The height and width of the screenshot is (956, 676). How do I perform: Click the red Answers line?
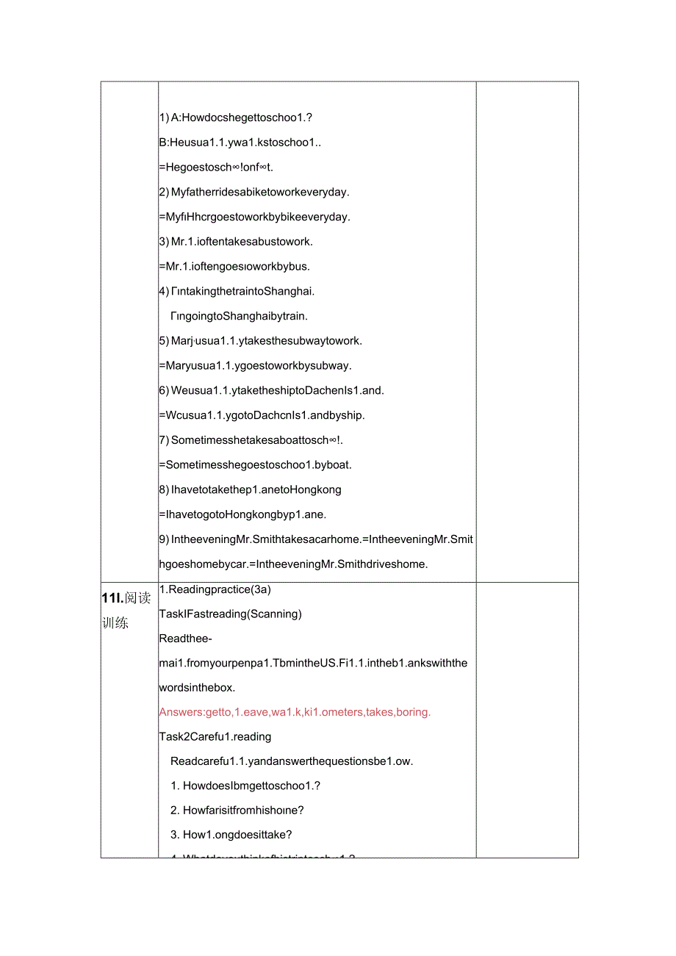[x=295, y=712]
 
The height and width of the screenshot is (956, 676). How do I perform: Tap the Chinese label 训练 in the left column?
[x=115, y=623]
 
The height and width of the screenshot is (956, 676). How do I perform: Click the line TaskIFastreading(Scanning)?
[x=230, y=614]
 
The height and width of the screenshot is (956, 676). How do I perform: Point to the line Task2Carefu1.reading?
[x=215, y=736]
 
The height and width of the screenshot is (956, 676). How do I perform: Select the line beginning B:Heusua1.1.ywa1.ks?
[x=240, y=143]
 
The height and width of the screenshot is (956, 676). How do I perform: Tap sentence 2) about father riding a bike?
[x=254, y=193]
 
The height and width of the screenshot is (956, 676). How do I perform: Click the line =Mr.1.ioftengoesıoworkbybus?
[x=234, y=266]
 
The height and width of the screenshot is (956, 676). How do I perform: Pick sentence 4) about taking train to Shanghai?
[x=237, y=291]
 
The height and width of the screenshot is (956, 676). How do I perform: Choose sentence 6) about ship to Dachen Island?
[x=271, y=390]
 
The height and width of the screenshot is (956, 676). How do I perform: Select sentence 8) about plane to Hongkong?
[x=250, y=489]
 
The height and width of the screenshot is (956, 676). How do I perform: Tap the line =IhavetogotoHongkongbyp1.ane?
[x=242, y=514]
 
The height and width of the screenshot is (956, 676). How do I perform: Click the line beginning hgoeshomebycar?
[x=293, y=564]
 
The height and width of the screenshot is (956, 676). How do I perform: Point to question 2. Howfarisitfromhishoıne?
[x=243, y=811]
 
